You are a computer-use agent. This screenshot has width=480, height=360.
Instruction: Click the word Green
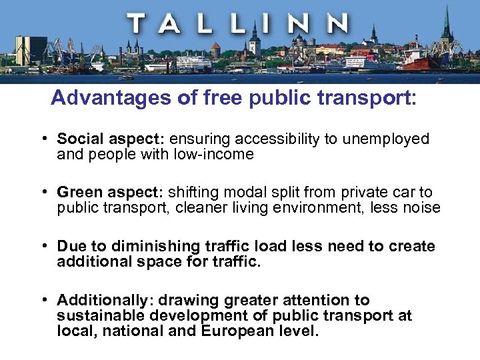[79, 192]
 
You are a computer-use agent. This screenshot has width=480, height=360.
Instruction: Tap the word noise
[421, 208]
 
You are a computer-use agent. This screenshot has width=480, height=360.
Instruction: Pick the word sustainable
[98, 315]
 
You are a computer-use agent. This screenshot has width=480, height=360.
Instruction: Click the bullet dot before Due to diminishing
[43, 246]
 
